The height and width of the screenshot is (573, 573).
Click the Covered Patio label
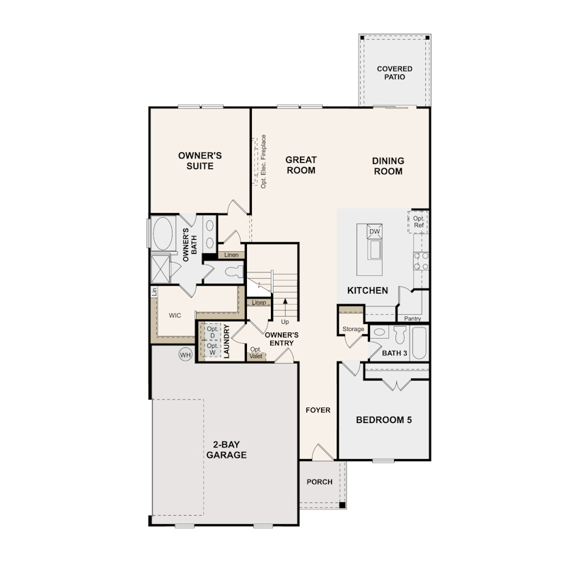click(x=394, y=73)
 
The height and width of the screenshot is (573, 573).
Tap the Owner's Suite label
click(x=200, y=161)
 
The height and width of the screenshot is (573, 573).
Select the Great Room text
click(x=301, y=165)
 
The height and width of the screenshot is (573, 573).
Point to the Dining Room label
click(x=388, y=166)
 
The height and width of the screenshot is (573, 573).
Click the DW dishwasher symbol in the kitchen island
click(x=374, y=231)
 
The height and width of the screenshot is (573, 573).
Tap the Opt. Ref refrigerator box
click(x=418, y=222)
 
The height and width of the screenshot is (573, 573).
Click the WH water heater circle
click(x=185, y=354)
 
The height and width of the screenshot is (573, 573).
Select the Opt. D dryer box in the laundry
click(x=212, y=332)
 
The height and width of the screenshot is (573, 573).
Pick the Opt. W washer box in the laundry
click(x=212, y=349)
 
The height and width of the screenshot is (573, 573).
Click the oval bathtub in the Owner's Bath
click(x=163, y=233)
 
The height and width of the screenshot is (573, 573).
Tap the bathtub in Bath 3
click(x=419, y=343)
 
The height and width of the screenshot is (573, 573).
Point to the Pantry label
click(x=412, y=318)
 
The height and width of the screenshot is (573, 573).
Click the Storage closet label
click(x=353, y=329)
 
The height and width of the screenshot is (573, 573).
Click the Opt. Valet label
click(x=256, y=353)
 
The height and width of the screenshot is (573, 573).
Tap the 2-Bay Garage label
click(x=226, y=449)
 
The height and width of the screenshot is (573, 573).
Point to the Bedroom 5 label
click(x=383, y=420)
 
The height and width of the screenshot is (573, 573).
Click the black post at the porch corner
click(x=342, y=505)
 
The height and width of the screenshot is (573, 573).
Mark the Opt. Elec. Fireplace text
click(x=263, y=161)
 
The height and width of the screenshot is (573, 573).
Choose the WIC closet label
click(x=175, y=316)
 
